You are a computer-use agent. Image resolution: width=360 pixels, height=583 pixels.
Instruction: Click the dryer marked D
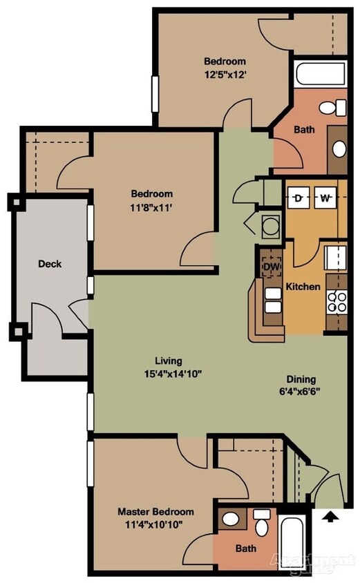(x=299, y=199)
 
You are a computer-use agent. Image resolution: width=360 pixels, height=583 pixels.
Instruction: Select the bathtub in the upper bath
(x=319, y=75)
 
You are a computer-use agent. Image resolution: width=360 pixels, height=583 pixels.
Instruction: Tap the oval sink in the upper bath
(x=338, y=149)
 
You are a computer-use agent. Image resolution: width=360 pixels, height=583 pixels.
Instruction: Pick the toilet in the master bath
(x=262, y=523)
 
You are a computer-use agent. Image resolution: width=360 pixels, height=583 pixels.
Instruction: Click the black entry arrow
(x=330, y=515)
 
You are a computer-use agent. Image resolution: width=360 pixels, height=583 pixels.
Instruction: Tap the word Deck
(x=50, y=263)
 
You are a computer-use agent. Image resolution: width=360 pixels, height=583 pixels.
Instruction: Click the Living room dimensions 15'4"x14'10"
(x=169, y=374)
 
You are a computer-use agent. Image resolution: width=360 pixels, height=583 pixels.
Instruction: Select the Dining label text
(x=301, y=379)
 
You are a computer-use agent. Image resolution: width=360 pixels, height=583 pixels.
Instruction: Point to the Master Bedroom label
(x=155, y=512)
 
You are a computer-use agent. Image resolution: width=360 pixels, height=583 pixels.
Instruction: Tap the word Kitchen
(x=303, y=286)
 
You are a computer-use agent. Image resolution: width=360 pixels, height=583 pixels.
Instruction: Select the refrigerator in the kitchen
(x=336, y=258)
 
